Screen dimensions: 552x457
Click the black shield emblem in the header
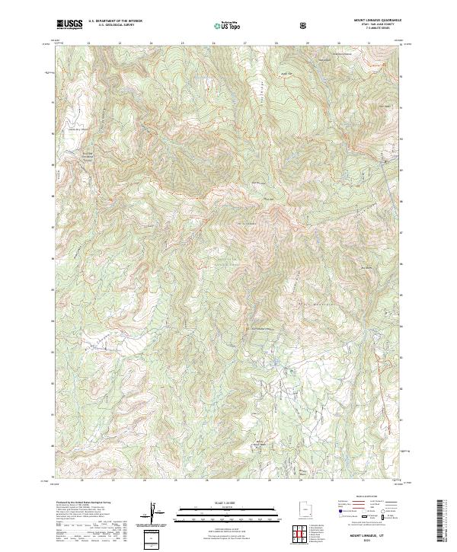click(305, 25)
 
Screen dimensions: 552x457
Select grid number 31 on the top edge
click(369, 43)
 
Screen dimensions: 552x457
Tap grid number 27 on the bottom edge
click(238, 480)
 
